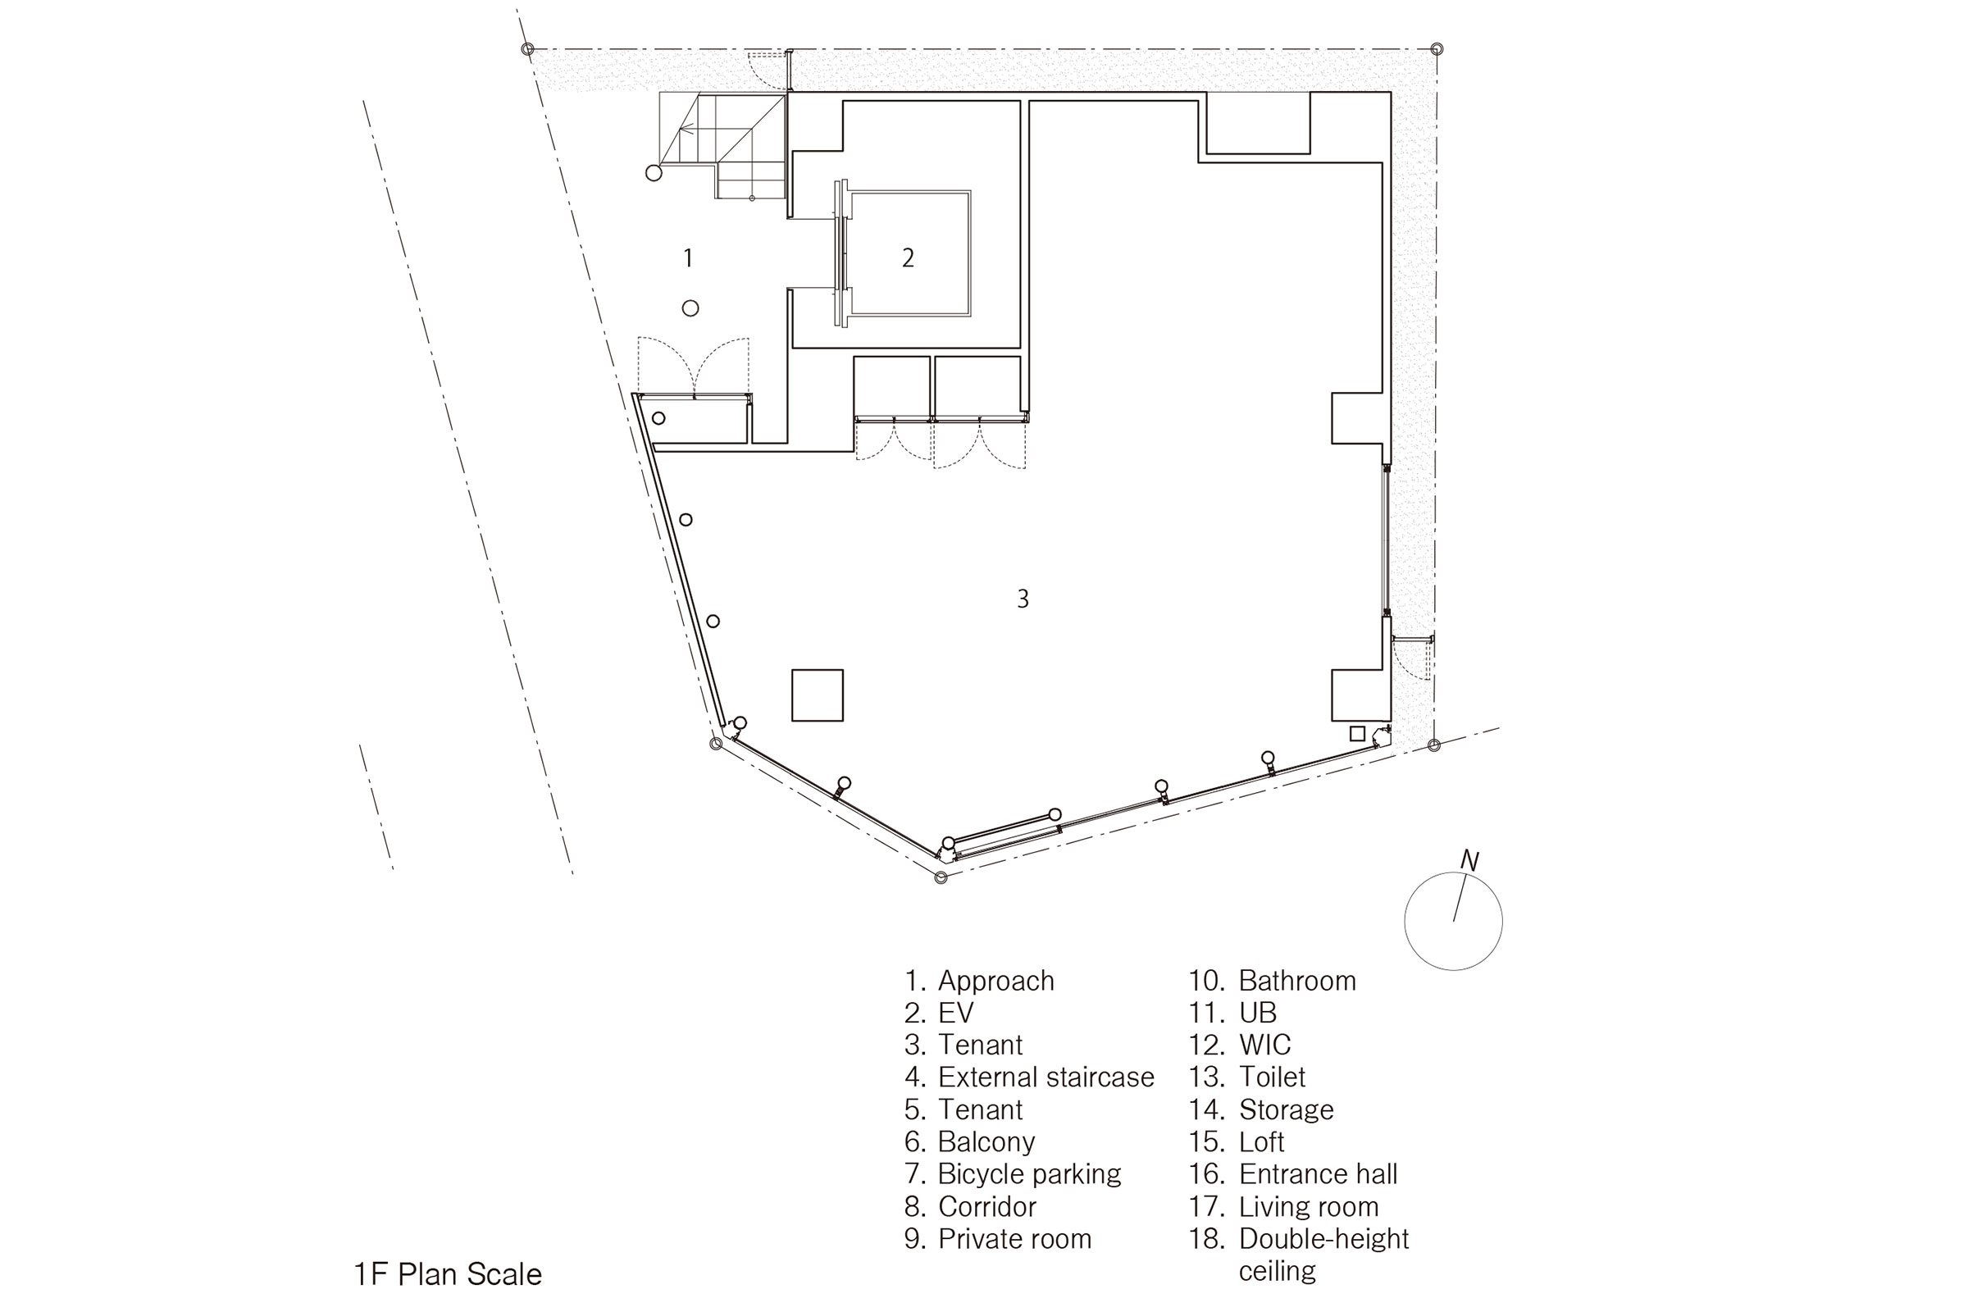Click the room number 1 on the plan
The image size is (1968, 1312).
click(x=688, y=257)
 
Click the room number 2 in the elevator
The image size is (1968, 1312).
click(x=908, y=257)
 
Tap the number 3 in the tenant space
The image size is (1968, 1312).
click(x=1023, y=599)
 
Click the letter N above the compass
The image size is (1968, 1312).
click(x=1469, y=860)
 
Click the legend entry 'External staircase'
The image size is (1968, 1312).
click(x=1029, y=1077)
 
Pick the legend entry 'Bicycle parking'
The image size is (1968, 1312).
click(x=1013, y=1174)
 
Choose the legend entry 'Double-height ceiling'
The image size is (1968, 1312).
click(x=1300, y=1255)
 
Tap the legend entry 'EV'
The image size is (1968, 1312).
click(x=940, y=1013)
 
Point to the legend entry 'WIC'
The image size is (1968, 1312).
click(x=1240, y=1045)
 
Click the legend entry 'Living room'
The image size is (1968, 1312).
click(x=1283, y=1206)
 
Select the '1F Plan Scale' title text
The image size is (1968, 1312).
click(x=448, y=1274)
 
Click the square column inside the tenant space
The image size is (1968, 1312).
click(x=818, y=695)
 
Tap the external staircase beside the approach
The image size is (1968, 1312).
click(x=723, y=146)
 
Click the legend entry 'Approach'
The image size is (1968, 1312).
click(x=980, y=981)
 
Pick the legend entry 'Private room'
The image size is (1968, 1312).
click(x=998, y=1238)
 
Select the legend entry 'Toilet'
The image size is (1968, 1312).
click(x=1247, y=1077)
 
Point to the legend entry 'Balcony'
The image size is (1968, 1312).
click(x=970, y=1142)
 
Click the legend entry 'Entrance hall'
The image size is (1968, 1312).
click(x=1294, y=1174)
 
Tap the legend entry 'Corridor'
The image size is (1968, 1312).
click(x=971, y=1206)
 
